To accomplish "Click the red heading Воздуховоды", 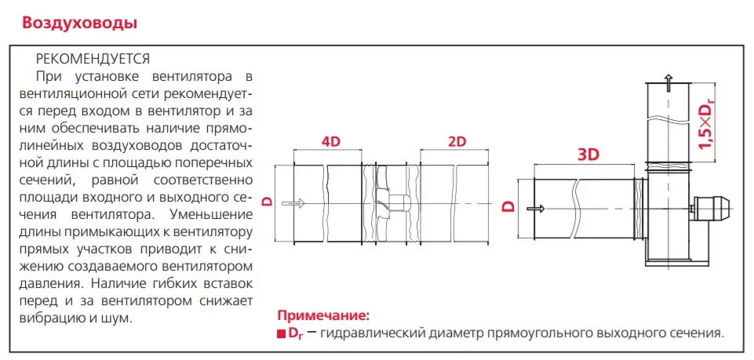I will pos(79,22).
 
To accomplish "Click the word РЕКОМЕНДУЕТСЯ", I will pos(93,59).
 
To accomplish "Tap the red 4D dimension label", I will pos(332,142).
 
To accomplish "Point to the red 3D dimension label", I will pos(588,155).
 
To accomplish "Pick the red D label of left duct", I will pos(267,202).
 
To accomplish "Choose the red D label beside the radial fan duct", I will pos(508,207).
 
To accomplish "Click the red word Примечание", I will pos(322,316).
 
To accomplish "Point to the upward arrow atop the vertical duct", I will pos(667,78).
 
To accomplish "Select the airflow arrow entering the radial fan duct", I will pos(534,209).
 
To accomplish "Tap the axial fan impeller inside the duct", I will pos(384,202).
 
